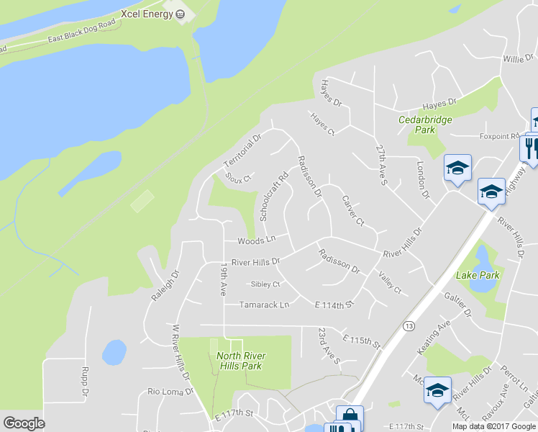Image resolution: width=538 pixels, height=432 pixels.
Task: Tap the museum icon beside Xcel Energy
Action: [179, 13]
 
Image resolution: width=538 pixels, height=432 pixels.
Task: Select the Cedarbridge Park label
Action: [426, 125]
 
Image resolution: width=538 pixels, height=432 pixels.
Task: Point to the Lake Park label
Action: [477, 275]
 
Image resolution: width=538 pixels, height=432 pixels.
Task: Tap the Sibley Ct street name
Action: [265, 284]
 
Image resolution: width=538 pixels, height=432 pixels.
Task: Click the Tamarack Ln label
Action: [264, 305]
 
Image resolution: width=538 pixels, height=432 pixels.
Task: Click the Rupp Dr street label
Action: [84, 384]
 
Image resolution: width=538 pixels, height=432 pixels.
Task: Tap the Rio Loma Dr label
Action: [170, 392]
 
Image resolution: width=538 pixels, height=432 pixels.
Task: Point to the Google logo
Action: [24, 423]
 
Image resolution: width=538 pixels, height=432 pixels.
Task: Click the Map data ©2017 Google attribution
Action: [493, 426]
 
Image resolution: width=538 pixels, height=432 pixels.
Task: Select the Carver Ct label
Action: [353, 210]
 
